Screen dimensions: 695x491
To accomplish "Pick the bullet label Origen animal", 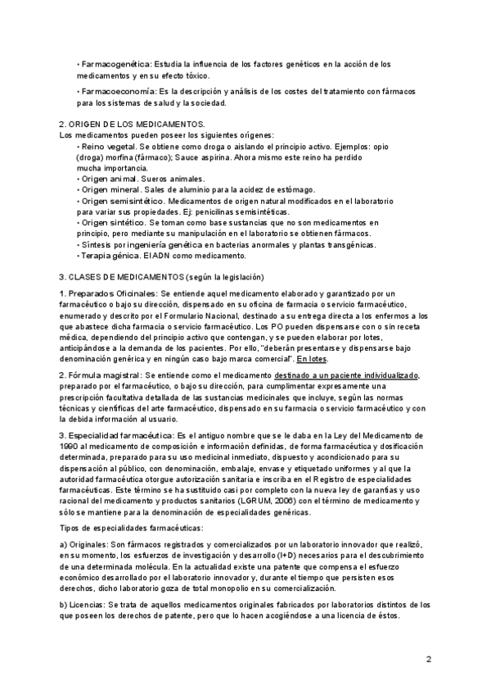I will coord(107,178).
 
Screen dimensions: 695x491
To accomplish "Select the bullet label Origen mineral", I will coord(109,189).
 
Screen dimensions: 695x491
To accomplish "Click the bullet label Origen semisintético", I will coord(121,201).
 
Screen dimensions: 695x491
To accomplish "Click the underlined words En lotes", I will coord(311,359).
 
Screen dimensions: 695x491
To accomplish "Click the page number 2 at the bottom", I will coord(428,659).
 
